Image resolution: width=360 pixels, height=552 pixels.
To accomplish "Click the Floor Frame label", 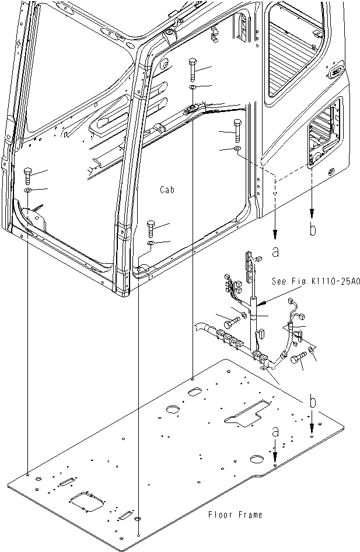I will tap(235, 515).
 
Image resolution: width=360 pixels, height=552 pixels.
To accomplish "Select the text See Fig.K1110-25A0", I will tap(316, 281).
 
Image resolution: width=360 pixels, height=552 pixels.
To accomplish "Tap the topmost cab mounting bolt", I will tap(193, 69).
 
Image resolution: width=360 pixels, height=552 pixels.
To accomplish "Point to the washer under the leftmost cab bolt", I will tap(28, 191).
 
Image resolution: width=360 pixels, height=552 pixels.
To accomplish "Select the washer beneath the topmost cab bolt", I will tap(193, 88).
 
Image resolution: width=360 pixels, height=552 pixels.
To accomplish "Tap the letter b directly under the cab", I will tap(313, 230).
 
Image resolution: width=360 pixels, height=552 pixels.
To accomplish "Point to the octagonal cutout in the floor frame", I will tap(87, 502).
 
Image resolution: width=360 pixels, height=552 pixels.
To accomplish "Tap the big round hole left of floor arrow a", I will tap(257, 456).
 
